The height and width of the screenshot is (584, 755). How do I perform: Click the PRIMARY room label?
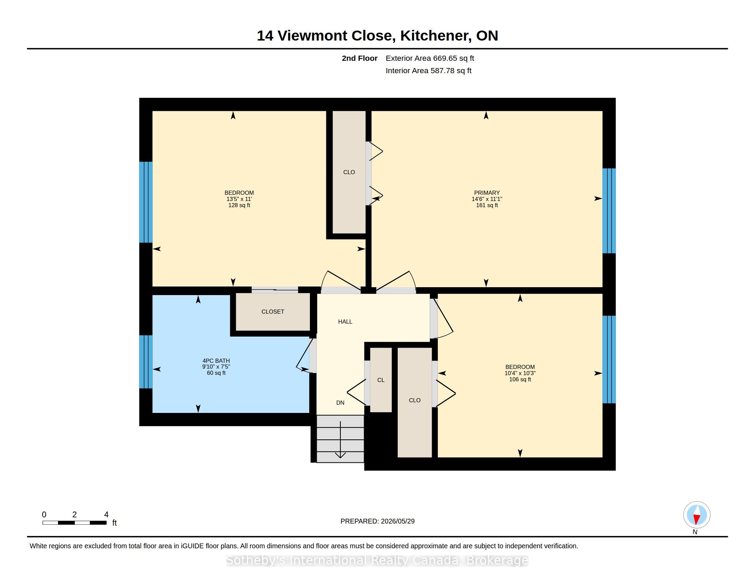click(487, 193)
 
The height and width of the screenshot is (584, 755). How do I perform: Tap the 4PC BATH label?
click(216, 360)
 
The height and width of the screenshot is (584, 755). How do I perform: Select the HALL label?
click(345, 322)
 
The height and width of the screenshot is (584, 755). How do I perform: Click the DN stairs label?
click(340, 403)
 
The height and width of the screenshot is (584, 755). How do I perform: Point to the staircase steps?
click(340, 439)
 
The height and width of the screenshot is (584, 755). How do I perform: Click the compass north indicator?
click(697, 515)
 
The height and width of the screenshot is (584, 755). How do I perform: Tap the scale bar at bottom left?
click(75, 523)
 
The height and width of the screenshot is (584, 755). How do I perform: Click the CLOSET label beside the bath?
click(273, 312)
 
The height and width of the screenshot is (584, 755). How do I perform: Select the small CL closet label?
click(381, 380)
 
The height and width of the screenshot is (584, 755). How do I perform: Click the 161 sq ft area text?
click(487, 205)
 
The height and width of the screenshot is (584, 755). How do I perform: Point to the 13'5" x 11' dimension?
click(239, 199)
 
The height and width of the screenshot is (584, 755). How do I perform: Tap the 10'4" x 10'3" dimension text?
click(520, 373)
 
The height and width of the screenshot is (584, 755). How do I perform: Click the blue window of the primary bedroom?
click(609, 211)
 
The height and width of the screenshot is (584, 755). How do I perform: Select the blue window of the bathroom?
click(146, 362)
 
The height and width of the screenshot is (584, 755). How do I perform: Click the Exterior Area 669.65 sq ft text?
click(430, 58)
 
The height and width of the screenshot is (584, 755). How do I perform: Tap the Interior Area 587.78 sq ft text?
click(428, 71)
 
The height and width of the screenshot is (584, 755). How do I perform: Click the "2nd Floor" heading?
click(360, 58)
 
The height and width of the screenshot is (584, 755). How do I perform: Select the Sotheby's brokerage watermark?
click(377, 561)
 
